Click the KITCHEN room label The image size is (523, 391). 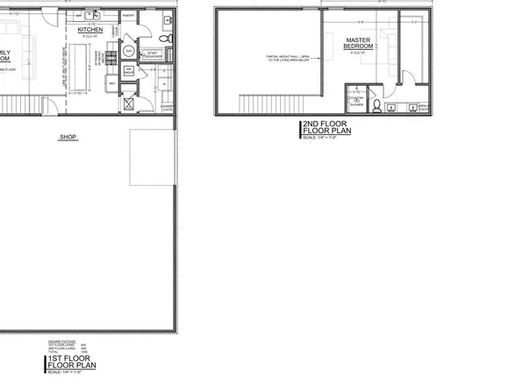coord(90,30)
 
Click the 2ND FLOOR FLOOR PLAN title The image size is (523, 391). coord(326,130)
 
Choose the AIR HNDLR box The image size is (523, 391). coord(129,72)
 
